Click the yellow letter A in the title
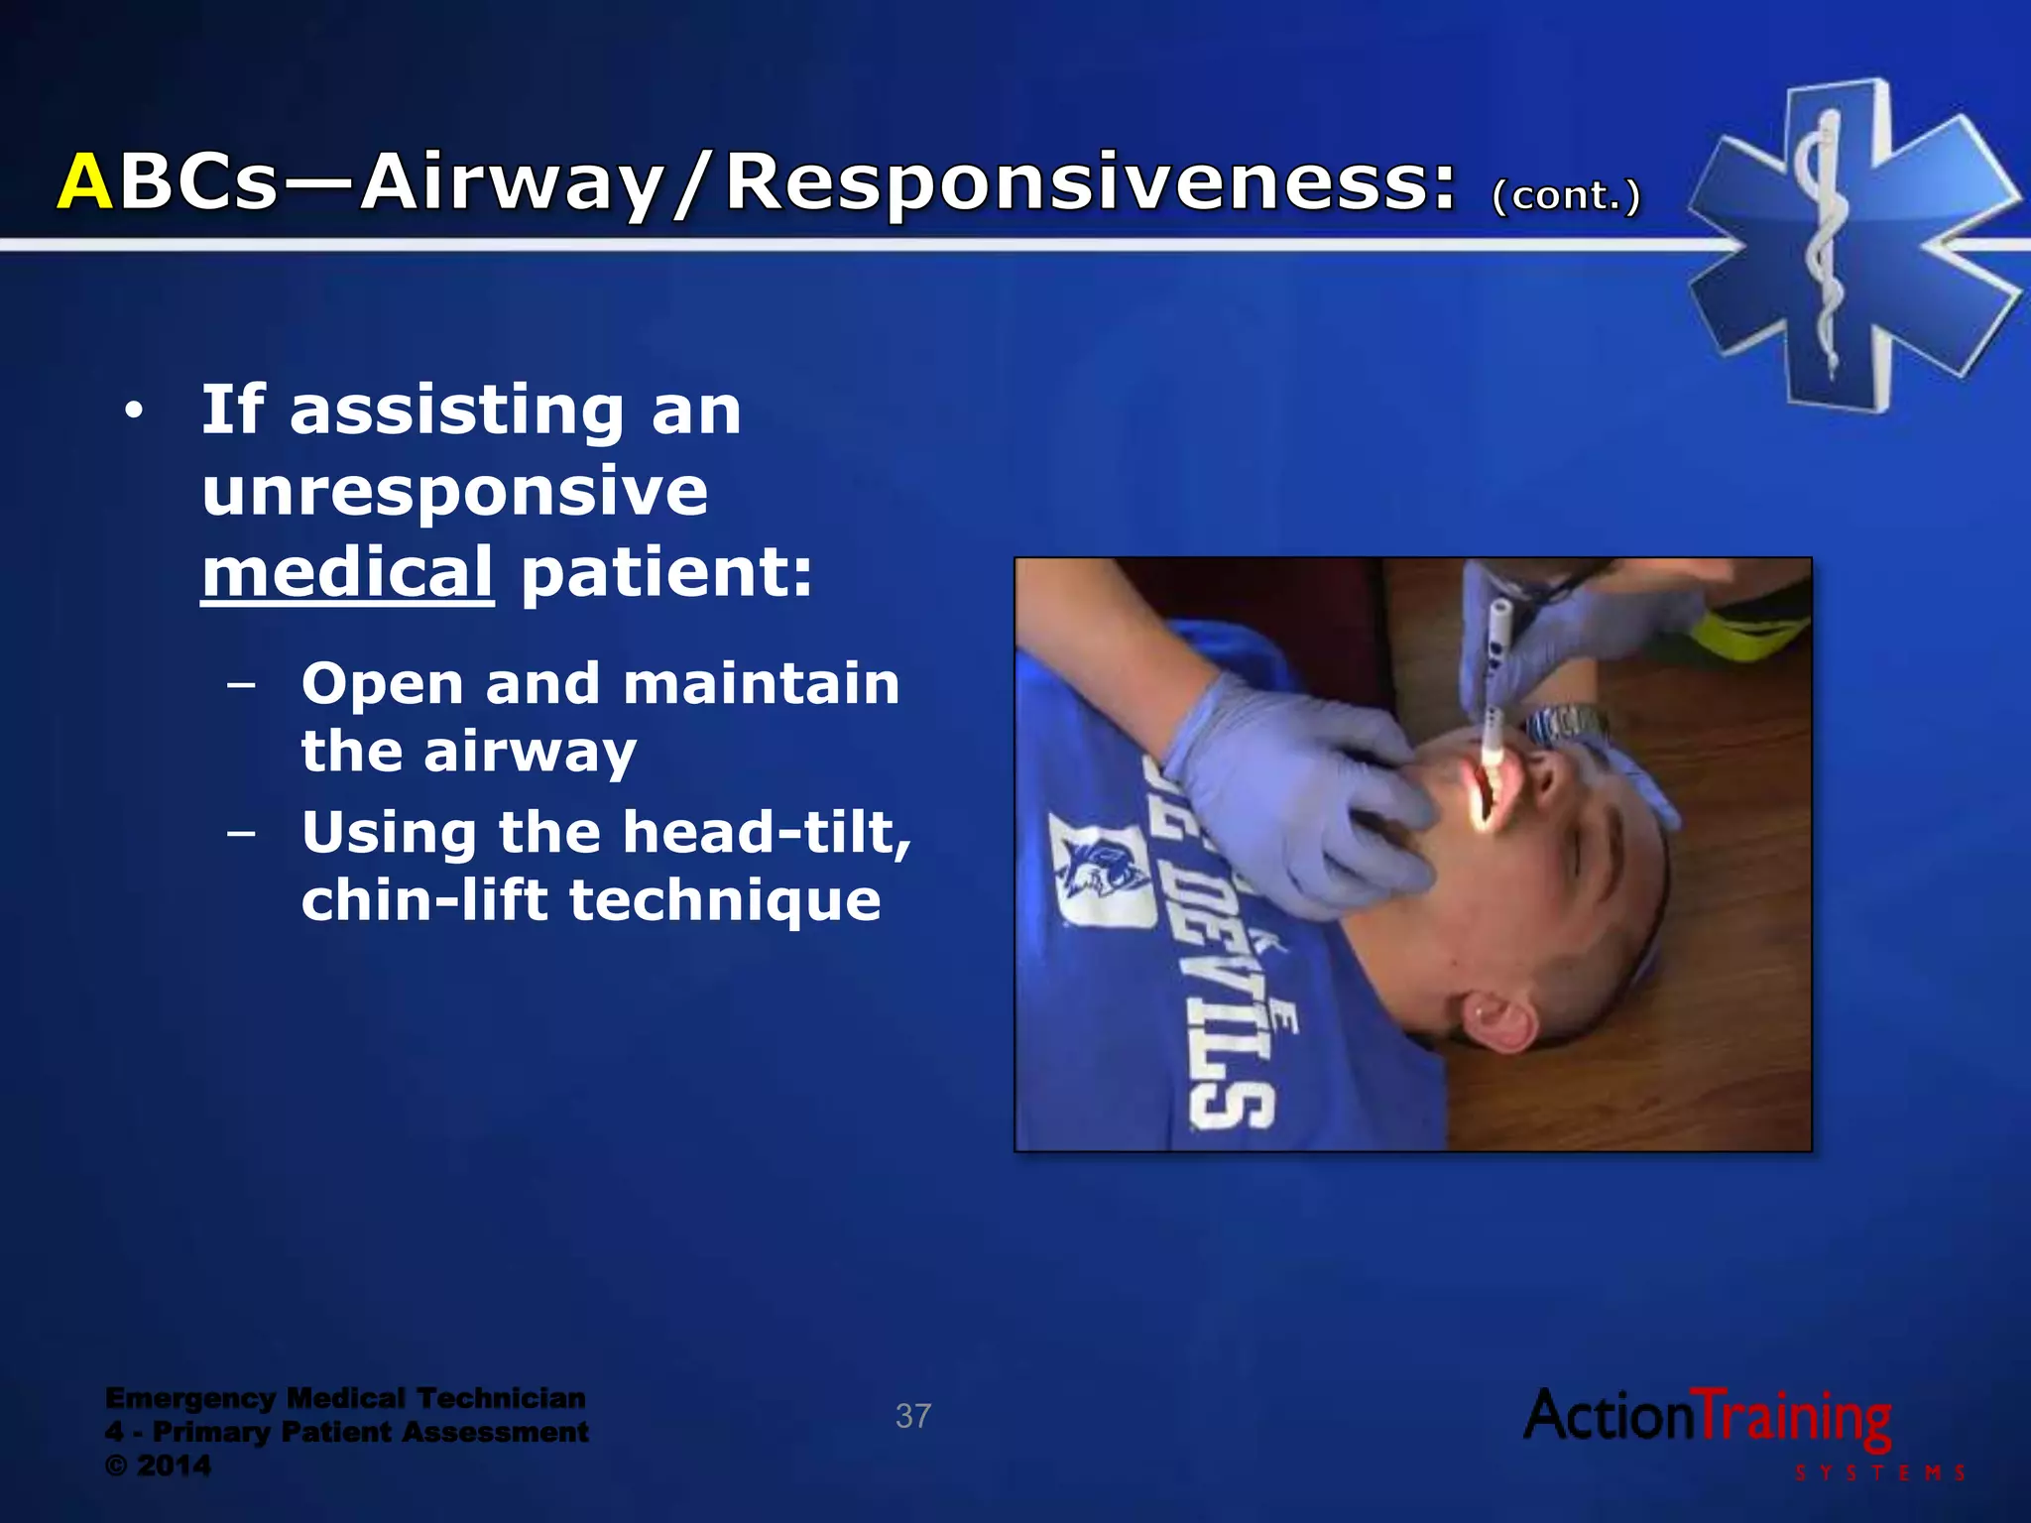click(x=85, y=182)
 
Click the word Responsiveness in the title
click(x=1091, y=182)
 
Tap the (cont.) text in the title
click(x=1567, y=194)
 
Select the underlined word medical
click(x=347, y=573)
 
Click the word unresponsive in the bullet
click(x=455, y=492)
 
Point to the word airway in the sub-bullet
click(x=530, y=752)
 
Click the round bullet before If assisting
click(x=134, y=410)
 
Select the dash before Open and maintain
click(x=241, y=684)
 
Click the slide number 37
click(x=912, y=1416)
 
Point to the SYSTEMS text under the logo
click(x=1879, y=1472)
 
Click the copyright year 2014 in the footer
click(x=174, y=1465)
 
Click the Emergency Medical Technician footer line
click(x=345, y=1398)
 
